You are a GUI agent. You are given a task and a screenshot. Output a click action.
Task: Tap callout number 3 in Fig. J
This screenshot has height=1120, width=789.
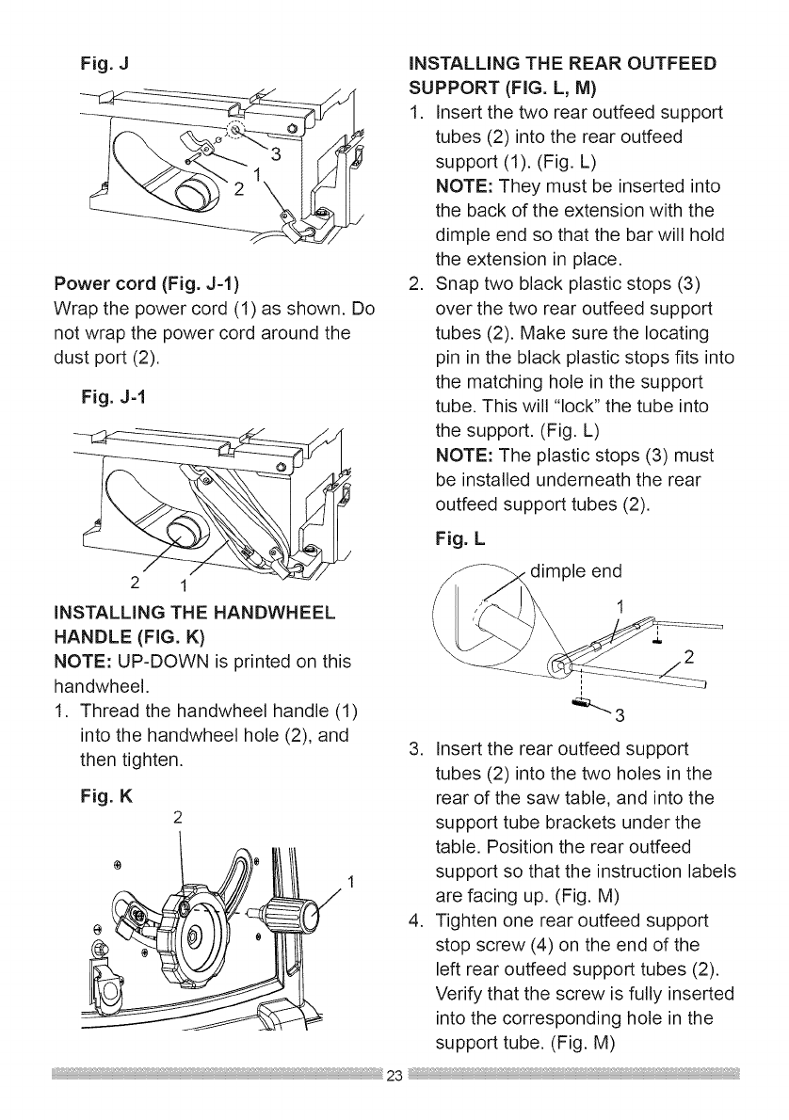click(275, 155)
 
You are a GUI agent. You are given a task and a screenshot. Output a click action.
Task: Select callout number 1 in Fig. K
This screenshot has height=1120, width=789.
click(350, 882)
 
